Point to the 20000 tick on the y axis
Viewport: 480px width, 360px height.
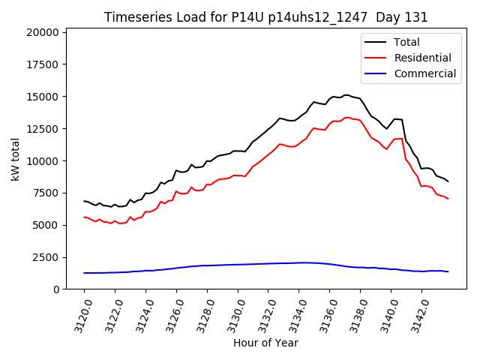pos(41,32)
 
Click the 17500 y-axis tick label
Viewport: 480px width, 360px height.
pos(41,64)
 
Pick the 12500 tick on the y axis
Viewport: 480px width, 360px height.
pos(41,129)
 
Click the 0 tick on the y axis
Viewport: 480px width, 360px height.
pos(56,289)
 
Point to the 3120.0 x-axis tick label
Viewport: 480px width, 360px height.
pos(79,313)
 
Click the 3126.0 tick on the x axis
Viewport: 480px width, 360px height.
pos(171,313)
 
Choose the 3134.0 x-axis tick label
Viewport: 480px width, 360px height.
pos(294,313)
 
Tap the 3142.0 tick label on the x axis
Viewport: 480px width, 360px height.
pos(416,313)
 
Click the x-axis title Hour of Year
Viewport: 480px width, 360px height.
pos(265,343)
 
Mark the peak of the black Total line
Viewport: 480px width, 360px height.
pos(346,95)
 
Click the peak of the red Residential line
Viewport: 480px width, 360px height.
pos(346,117)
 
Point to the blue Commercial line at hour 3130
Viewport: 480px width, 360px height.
pos(238,264)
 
